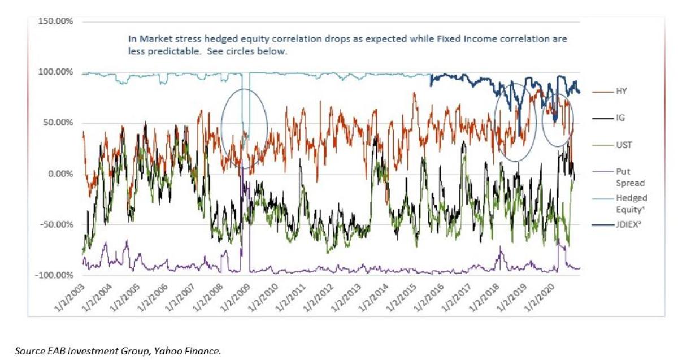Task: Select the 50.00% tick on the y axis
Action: [x=59, y=123]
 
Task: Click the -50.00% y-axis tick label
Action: [x=58, y=225]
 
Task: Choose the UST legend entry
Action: [x=623, y=145]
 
